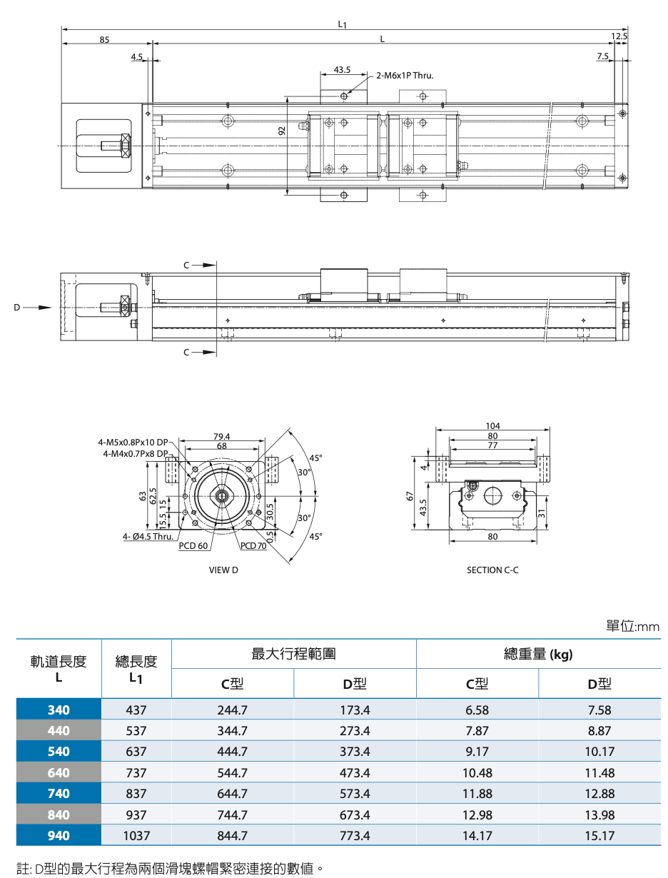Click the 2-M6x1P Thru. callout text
[405, 75]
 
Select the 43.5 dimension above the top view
[342, 70]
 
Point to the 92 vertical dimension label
[282, 130]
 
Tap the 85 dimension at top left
[104, 40]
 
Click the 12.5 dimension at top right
[619, 36]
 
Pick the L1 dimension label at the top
[343, 24]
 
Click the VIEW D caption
[223, 570]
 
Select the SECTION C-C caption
[492, 570]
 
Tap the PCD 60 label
[193, 546]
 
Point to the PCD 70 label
[253, 546]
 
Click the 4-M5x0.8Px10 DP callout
[133, 443]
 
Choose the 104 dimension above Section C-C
[492, 426]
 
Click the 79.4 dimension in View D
[222, 437]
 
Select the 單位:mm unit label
[633, 626]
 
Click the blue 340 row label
[59, 710]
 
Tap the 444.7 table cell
[233, 752]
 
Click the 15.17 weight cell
[599, 835]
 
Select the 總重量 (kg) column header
[538, 654]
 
